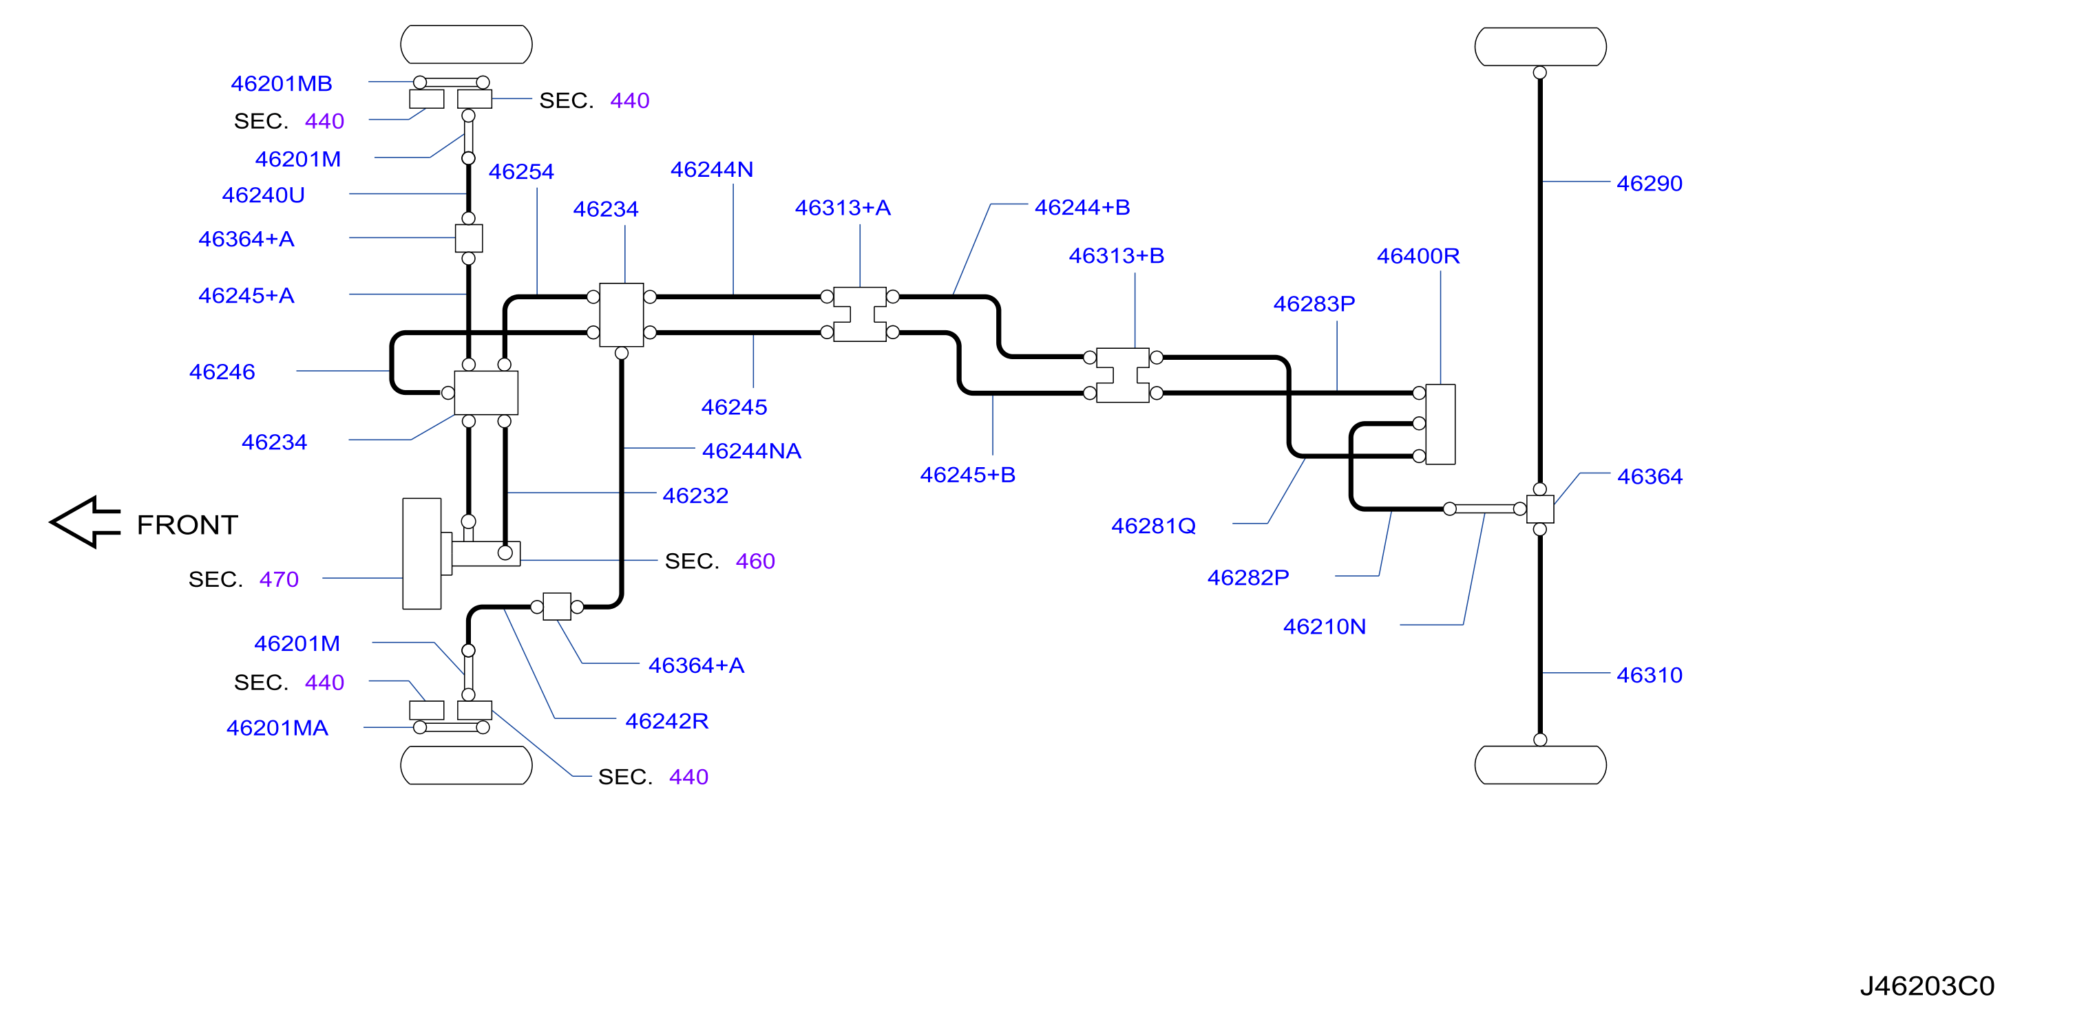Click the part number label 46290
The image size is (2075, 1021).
pyautogui.click(x=1649, y=184)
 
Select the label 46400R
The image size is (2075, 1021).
pyautogui.click(x=1418, y=256)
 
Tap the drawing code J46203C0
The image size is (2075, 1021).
pyautogui.click(x=1927, y=986)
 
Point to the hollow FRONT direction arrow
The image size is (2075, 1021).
pyautogui.click(x=85, y=522)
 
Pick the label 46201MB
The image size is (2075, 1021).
pyautogui.click(x=281, y=84)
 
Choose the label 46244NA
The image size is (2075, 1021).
pyautogui.click(x=752, y=451)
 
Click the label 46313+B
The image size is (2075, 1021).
pyautogui.click(x=1117, y=256)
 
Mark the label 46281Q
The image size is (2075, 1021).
pyautogui.click(x=1153, y=526)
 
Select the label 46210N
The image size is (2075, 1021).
pyautogui.click(x=1325, y=627)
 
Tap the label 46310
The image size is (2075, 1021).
pyautogui.click(x=1649, y=675)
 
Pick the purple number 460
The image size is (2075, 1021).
pyautogui.click(x=755, y=561)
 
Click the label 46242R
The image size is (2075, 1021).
pyautogui.click(x=667, y=720)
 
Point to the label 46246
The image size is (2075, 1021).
pyautogui.click(x=222, y=372)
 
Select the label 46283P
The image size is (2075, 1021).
pyautogui.click(x=1314, y=304)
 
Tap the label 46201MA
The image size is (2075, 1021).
pyautogui.click(x=277, y=728)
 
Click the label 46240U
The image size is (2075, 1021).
pyautogui.click(x=264, y=195)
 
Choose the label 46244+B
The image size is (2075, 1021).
pyautogui.click(x=1082, y=208)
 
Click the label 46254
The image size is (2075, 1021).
pyautogui.click(x=520, y=171)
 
